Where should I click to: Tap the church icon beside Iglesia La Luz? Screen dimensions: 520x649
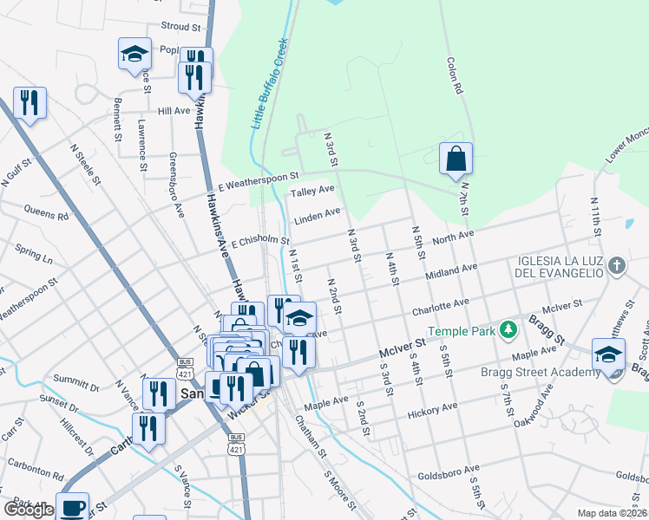click(616, 265)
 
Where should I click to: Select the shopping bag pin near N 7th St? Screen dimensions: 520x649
click(456, 159)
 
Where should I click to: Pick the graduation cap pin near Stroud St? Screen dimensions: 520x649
click(134, 54)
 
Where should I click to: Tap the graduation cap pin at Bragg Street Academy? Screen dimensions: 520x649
click(608, 354)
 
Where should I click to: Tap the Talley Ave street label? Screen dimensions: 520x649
click(312, 192)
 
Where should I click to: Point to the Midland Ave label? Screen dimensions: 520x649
click(451, 272)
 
